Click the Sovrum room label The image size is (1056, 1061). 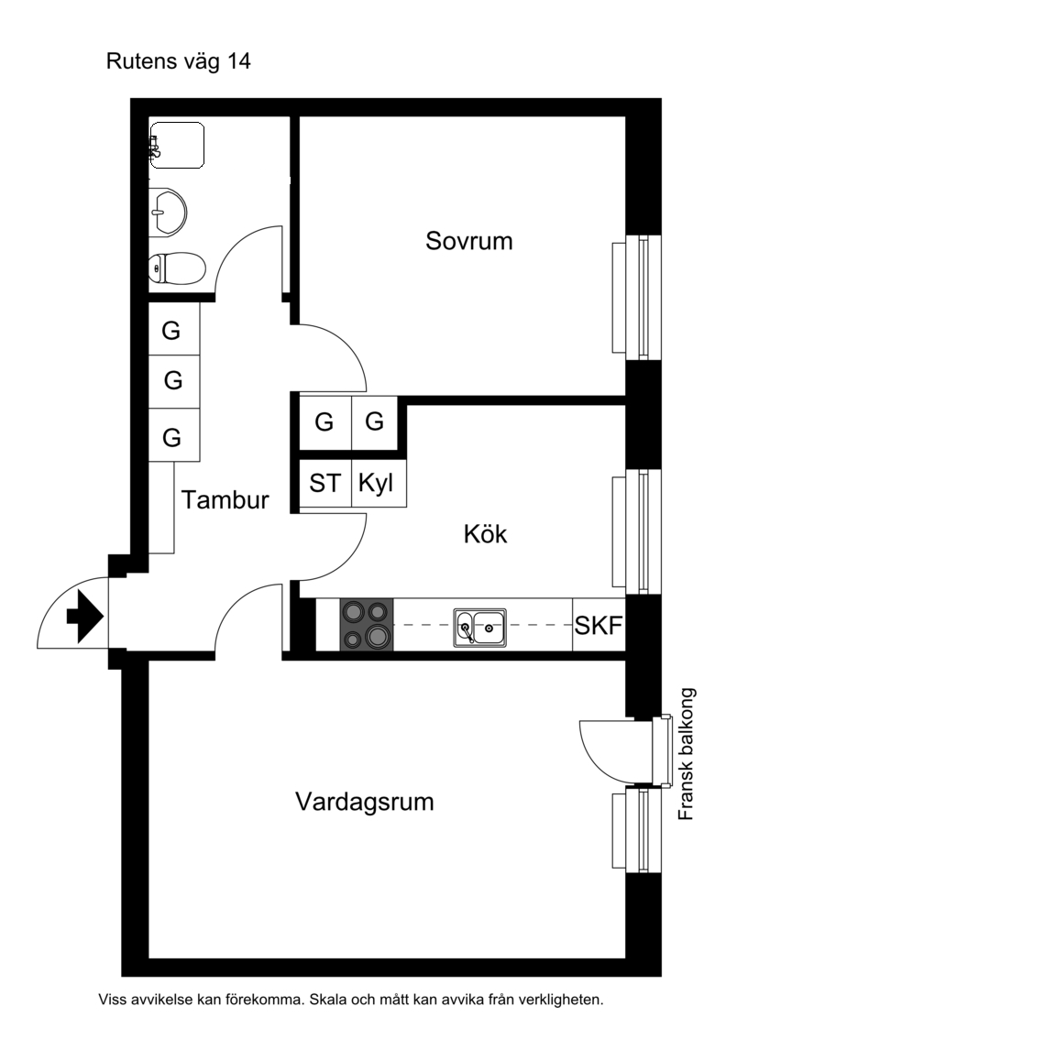coord(468,241)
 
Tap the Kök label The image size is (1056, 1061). coord(485,534)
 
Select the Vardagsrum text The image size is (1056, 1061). coord(364,802)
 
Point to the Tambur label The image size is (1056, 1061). coord(225,500)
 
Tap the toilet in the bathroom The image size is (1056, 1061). coord(177,268)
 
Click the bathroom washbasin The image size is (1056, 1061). coord(167,212)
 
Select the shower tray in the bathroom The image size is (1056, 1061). coord(177,145)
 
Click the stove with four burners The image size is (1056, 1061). coord(367,625)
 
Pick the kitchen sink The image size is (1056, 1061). coord(480,628)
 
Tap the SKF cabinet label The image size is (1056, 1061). coord(599,626)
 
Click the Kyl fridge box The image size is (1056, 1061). coord(379,483)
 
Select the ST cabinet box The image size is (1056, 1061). coord(325,483)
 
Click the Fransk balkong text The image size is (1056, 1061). coord(687,754)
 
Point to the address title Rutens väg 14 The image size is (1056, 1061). coord(179,61)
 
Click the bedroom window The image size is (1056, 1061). coord(636,298)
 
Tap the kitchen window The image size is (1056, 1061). coord(636,531)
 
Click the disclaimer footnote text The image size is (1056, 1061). coord(351,1000)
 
